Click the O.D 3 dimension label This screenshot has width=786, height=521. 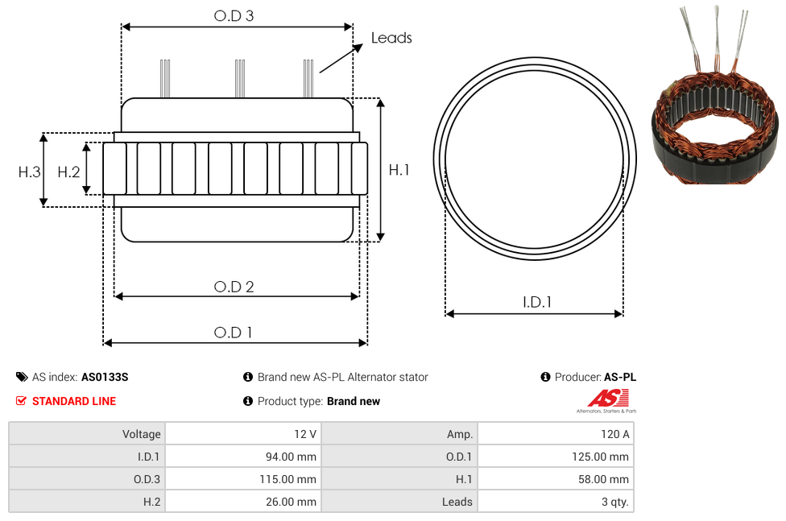pyautogui.click(x=234, y=16)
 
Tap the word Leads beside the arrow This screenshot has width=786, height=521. pyautogui.click(x=391, y=38)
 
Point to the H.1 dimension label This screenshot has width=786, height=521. pyautogui.click(x=399, y=170)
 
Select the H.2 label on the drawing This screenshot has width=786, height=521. pyautogui.click(x=68, y=172)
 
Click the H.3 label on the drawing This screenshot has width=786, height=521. pyautogui.click(x=30, y=172)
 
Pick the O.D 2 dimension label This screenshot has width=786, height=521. pyautogui.click(x=234, y=287)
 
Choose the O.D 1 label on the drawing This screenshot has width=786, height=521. pyautogui.click(x=233, y=333)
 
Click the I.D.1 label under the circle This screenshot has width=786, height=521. pyautogui.click(x=537, y=302)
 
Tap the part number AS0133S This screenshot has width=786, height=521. pyautogui.click(x=105, y=377)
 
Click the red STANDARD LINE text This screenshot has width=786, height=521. pyautogui.click(x=74, y=401)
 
